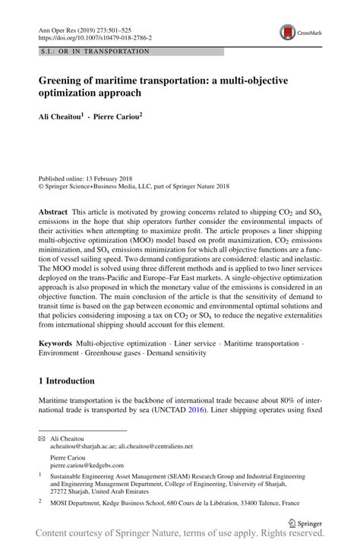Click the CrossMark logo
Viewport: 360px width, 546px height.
click(288, 32)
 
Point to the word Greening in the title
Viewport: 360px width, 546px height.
click(64, 78)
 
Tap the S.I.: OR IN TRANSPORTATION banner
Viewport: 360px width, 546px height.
click(95, 51)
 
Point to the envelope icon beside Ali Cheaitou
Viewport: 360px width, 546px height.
click(43, 438)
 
